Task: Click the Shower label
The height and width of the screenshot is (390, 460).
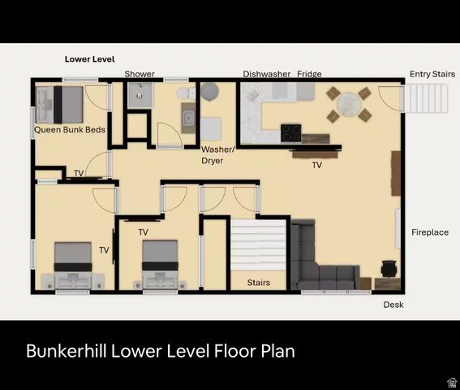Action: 140,74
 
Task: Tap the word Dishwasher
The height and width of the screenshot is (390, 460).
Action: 266,74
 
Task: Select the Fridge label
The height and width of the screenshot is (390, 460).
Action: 309,74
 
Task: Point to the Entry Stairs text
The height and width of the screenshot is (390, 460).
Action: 432,74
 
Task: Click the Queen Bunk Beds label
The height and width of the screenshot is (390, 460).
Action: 70,130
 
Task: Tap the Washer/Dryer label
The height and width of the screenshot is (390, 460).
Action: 217,155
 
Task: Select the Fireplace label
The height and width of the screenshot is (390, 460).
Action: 429,232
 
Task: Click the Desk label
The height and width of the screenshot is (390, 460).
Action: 393,305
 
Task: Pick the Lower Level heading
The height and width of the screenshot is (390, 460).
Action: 89,59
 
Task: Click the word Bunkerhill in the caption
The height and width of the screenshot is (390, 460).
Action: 68,352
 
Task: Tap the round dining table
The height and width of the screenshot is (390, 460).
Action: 349,104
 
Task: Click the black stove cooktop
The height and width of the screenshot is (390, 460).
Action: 291,132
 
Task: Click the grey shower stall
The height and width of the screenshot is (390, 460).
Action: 139,95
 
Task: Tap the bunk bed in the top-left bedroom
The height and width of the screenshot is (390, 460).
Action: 60,104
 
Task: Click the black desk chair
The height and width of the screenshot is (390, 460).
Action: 389,268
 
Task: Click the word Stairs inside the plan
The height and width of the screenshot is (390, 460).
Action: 258,283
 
